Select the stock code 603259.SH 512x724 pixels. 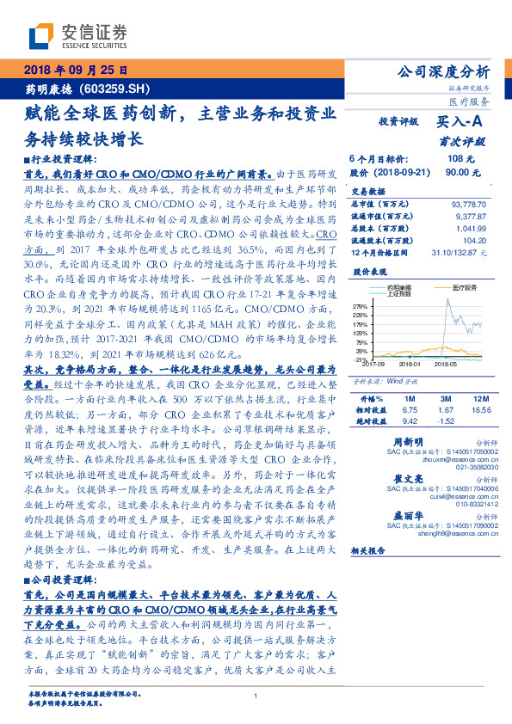pyautogui.click(x=121, y=89)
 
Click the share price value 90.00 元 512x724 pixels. pyautogui.click(x=460, y=172)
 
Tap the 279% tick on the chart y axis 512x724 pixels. pyautogui.click(x=359, y=305)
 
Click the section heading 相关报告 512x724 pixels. pyautogui.click(x=377, y=551)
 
